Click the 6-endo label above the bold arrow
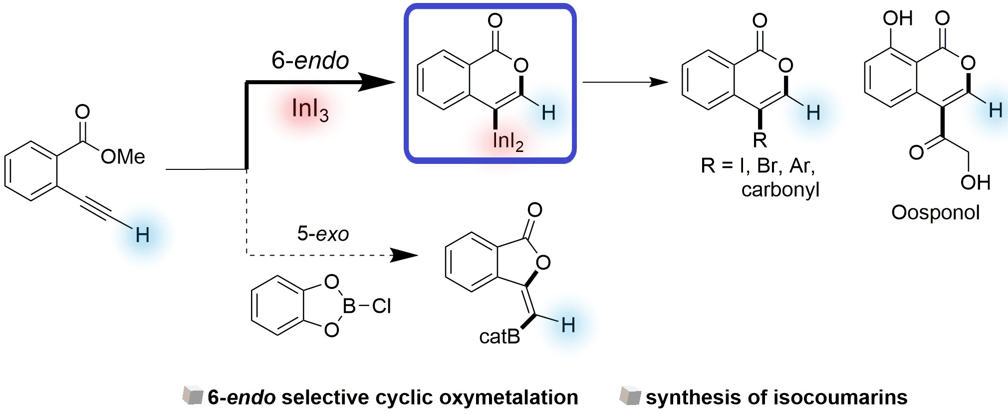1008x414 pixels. (x=310, y=61)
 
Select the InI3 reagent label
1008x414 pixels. (x=310, y=109)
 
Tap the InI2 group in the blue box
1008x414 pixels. (x=507, y=141)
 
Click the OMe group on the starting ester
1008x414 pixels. (x=123, y=157)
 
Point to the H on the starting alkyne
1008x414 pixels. (x=142, y=235)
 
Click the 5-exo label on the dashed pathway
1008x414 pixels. (x=323, y=234)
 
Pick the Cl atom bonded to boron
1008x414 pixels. (x=382, y=306)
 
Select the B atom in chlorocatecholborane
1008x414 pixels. (x=349, y=306)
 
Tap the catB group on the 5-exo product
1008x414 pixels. (x=500, y=337)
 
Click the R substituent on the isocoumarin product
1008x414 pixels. (x=759, y=140)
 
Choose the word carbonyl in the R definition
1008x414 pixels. (x=780, y=190)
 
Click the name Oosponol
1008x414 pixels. (x=935, y=213)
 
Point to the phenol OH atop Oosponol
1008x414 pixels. (x=897, y=18)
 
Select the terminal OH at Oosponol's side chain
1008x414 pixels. (x=975, y=183)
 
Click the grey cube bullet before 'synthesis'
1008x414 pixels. (x=630, y=396)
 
